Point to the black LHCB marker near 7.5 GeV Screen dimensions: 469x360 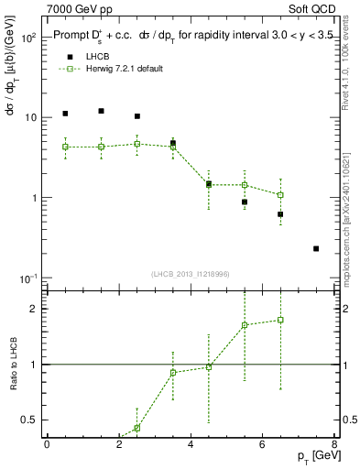316,248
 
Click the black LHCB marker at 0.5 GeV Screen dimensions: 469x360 65,114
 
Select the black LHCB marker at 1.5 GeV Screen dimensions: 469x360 101,111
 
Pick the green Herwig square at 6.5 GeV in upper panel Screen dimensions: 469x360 280,195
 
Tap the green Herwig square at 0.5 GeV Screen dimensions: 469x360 65,147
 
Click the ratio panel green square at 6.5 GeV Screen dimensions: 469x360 280,320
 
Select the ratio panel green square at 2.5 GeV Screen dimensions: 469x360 136,428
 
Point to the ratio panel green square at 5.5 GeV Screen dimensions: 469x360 245,325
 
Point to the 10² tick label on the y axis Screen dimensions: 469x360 27,38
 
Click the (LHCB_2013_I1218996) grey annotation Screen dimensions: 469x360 191,274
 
